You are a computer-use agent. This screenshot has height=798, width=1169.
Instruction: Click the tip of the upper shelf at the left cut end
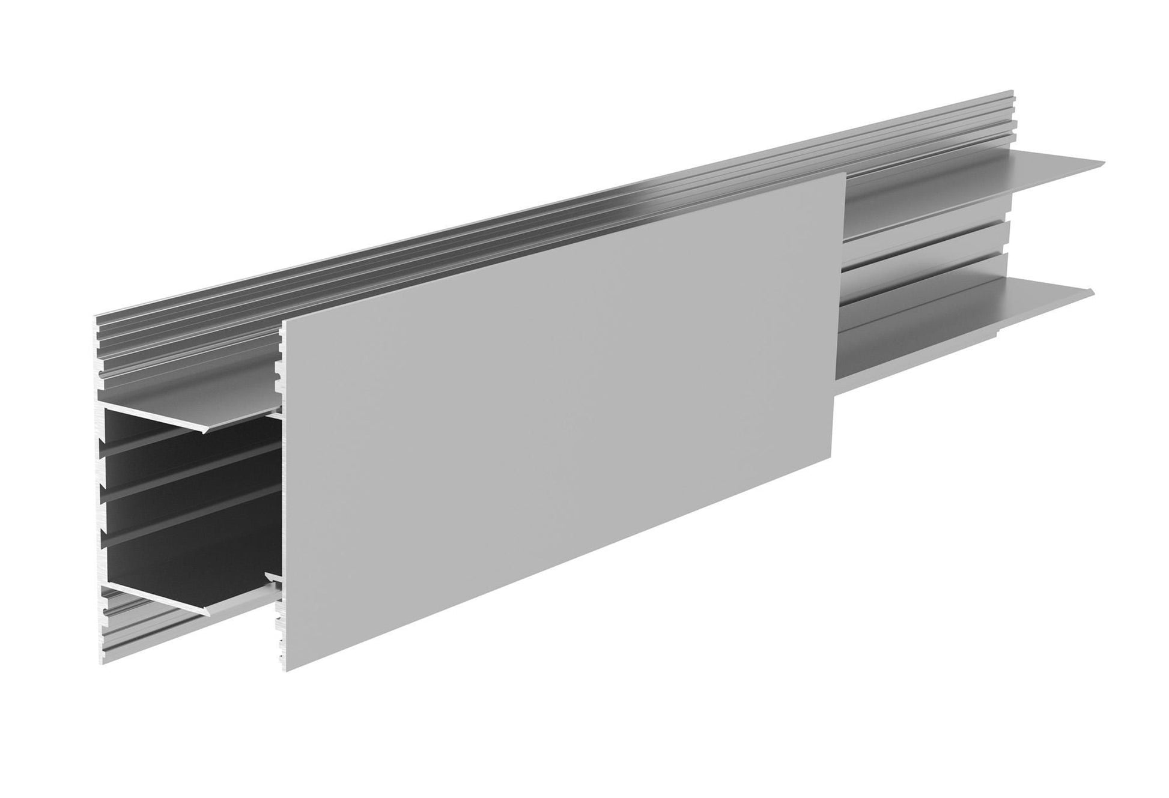point(209,430)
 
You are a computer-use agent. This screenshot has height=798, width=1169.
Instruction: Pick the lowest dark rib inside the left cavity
point(180,536)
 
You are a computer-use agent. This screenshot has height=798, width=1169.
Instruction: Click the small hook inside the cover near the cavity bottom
point(272,578)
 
